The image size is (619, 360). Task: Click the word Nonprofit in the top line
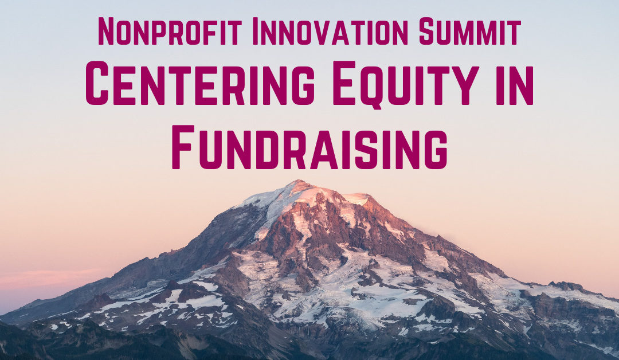point(175,32)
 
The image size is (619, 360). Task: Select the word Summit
point(469,32)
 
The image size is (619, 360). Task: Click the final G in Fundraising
point(435,147)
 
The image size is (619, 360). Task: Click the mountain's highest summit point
point(296,182)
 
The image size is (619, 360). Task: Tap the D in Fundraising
point(269,147)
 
